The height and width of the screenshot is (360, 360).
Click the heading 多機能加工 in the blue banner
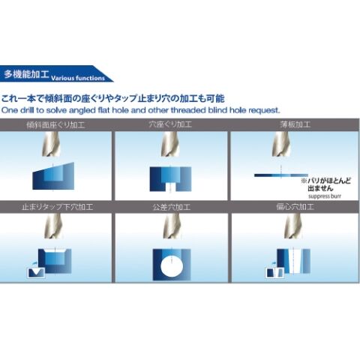(26, 74)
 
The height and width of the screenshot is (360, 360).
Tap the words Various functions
(78, 78)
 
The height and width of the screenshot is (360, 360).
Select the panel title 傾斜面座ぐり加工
(55, 124)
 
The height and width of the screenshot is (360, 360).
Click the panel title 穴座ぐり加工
(170, 124)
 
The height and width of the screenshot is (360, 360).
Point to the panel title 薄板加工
(295, 124)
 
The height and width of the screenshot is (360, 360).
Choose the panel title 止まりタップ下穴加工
(58, 207)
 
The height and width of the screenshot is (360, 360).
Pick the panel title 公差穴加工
(172, 207)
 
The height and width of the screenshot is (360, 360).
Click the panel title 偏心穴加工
(295, 207)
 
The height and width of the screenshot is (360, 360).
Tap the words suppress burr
(325, 196)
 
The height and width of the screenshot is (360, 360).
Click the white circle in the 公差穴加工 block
(172, 267)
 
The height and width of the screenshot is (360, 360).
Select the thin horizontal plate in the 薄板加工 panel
(281, 175)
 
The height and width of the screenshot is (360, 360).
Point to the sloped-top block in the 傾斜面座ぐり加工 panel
(53, 176)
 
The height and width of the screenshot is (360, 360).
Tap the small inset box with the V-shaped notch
(36, 273)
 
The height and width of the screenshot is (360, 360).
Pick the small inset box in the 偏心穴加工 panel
(274, 272)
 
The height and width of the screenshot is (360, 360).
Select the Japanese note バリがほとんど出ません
(326, 184)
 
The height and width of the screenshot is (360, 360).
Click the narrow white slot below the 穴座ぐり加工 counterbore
(170, 187)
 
